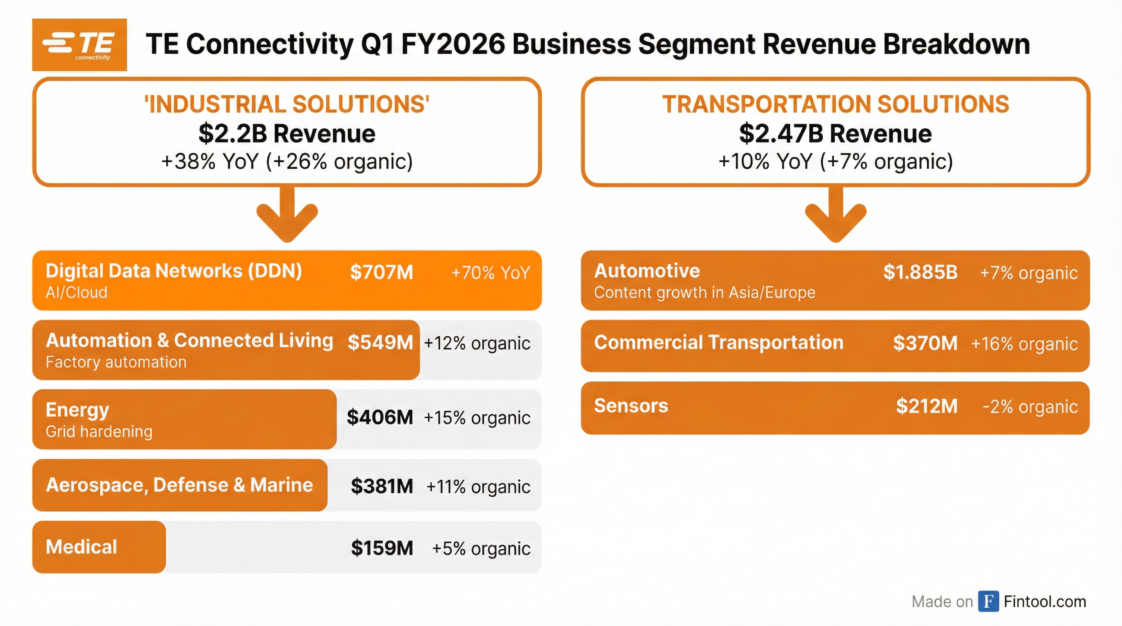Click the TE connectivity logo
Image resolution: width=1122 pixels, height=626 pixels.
coord(79,45)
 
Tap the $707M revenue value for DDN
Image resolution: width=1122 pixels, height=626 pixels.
coord(381,272)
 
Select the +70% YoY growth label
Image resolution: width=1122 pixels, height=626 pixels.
coord(490,273)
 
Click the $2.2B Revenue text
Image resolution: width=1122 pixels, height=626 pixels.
coord(287,134)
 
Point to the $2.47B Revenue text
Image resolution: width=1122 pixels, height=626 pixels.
coord(835,134)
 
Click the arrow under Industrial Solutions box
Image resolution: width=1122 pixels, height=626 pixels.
coord(287,216)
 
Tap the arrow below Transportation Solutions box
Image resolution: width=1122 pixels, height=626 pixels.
coord(835,216)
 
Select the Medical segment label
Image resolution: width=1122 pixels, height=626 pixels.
coord(82,547)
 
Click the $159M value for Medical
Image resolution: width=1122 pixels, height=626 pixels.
coord(382,548)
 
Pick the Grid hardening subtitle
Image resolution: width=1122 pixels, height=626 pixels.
coord(99,432)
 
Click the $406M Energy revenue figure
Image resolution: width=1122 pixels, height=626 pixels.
coord(380,417)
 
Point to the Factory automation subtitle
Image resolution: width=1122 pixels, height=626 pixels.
coord(116,362)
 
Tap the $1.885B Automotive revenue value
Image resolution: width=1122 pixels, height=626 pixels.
coord(920,272)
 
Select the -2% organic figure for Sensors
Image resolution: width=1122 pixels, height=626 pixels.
coord(1030,407)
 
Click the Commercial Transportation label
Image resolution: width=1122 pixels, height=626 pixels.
coord(718,343)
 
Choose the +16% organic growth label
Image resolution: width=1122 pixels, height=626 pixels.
coord(1024,344)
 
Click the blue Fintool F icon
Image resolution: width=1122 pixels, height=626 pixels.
coord(988,601)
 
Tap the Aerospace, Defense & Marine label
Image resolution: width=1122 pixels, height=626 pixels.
coord(179,485)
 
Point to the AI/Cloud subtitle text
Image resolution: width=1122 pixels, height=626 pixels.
coord(76,293)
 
